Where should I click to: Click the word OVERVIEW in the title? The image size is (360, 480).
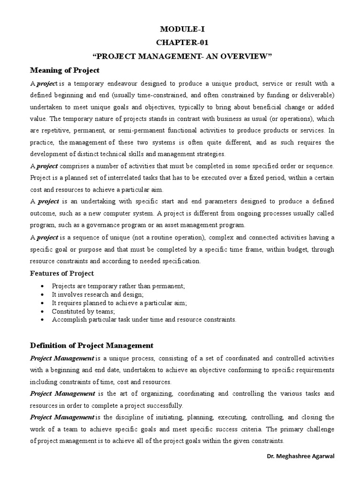(245, 57)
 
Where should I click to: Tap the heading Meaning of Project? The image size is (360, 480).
(65, 70)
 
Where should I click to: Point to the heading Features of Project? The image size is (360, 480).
(62, 273)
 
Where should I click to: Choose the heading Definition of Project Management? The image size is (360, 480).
(91, 345)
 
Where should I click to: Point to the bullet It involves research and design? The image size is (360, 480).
(97, 295)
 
